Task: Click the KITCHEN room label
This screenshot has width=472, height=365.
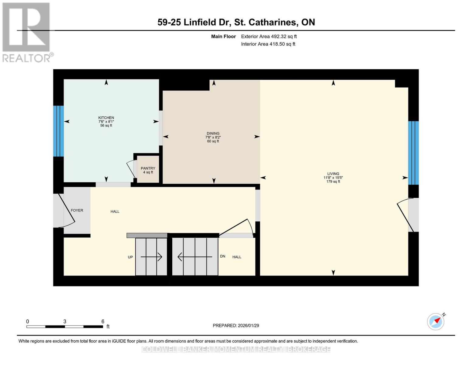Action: coord(106,118)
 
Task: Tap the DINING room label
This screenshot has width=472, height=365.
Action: coord(213,134)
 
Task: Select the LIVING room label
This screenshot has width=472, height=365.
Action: coord(333,174)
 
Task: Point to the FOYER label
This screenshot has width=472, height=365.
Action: coord(77,210)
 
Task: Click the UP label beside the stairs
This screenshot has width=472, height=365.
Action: coord(130,257)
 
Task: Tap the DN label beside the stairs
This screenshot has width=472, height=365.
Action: coord(222,256)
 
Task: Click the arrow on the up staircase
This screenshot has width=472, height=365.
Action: coord(151,257)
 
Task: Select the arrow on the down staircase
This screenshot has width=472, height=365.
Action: coord(195,257)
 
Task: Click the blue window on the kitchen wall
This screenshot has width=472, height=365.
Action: coord(58,131)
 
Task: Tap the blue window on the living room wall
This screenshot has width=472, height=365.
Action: coord(413,153)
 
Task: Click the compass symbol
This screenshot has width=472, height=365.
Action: coord(436,322)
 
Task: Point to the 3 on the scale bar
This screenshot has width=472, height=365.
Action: coord(65,322)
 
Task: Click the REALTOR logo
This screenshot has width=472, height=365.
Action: coord(27,32)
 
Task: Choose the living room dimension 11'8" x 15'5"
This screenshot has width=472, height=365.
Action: coord(333,178)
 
